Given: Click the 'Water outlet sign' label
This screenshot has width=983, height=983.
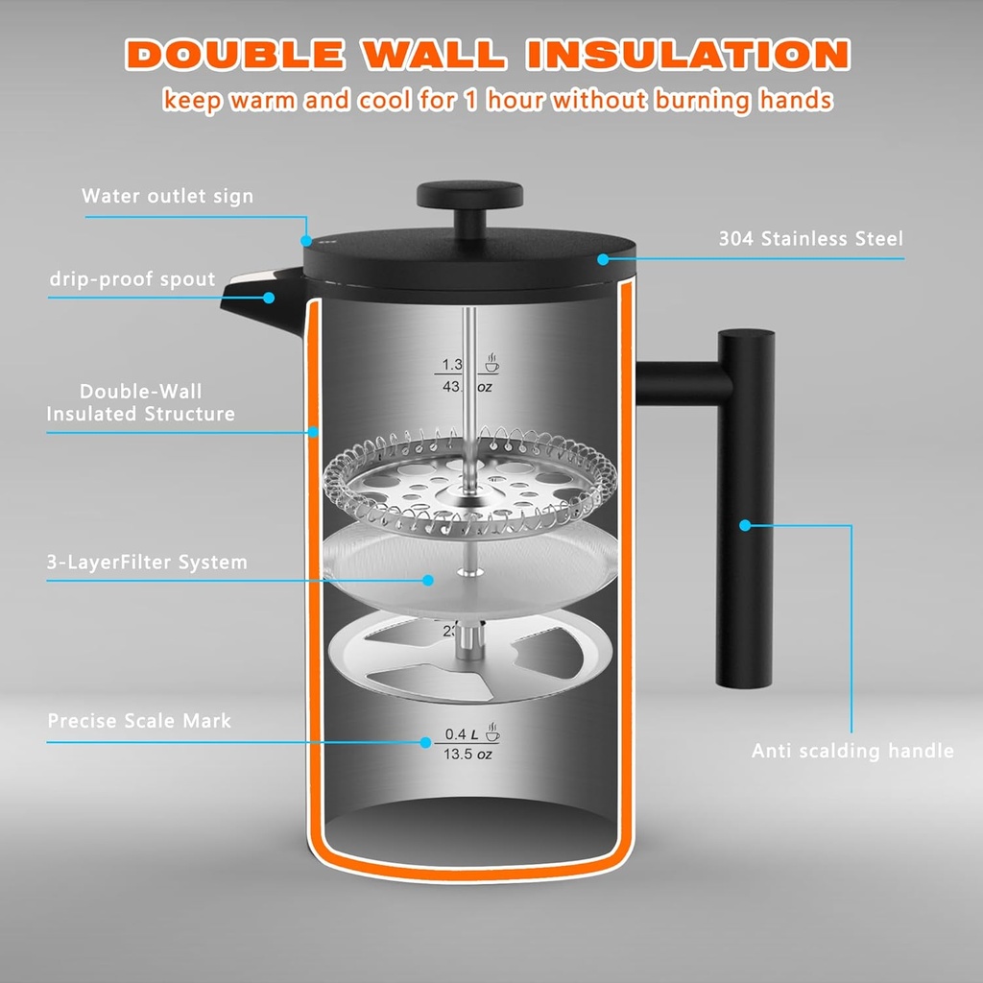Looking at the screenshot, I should (168, 197).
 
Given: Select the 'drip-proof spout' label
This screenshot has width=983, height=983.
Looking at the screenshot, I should (132, 279).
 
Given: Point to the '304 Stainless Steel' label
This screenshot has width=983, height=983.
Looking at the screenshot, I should (811, 239).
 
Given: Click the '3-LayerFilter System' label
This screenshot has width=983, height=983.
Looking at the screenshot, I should (147, 563).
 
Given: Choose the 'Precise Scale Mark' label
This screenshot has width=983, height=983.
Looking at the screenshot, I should (140, 720).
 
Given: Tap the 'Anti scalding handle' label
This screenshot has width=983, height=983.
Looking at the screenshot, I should (852, 751).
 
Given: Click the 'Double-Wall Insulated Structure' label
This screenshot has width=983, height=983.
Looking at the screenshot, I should (141, 403).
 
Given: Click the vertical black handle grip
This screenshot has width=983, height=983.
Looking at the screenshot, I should (745, 509).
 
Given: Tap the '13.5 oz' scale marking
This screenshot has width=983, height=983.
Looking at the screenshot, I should (468, 755).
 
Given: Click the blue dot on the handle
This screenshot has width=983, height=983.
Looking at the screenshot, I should (745, 524).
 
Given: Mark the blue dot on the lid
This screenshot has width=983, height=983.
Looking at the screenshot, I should (603, 258).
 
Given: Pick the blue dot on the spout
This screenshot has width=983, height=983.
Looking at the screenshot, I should (269, 298).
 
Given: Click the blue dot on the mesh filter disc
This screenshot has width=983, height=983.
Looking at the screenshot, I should (426, 580).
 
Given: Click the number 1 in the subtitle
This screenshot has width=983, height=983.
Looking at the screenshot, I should (471, 99).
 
